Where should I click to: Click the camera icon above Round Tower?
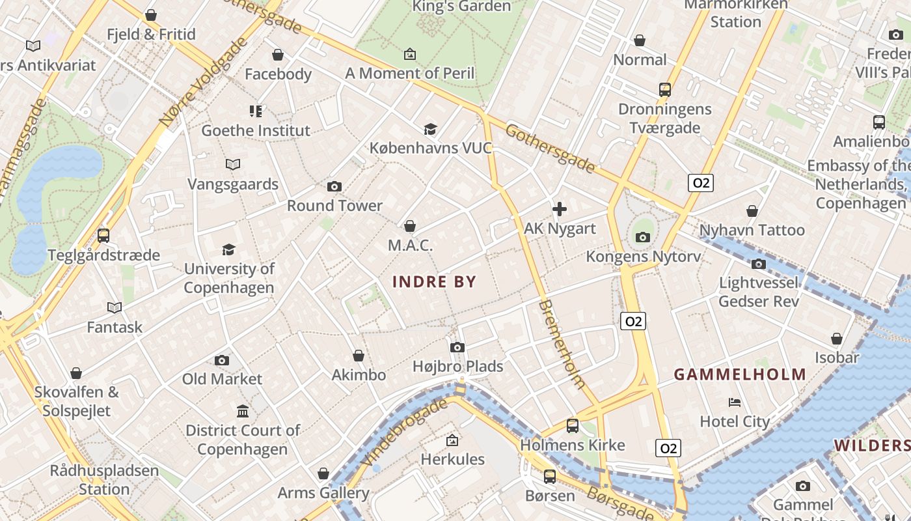(334, 187)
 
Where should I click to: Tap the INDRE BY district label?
(435, 282)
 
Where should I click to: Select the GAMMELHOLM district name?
(740, 374)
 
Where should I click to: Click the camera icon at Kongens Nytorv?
(643, 237)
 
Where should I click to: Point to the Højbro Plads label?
(458, 366)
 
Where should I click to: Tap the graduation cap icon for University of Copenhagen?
(228, 249)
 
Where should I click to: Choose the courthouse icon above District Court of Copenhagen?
(243, 411)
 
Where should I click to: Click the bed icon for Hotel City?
(735, 402)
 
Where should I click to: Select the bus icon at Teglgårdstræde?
(103, 235)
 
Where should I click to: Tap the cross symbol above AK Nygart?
(559, 209)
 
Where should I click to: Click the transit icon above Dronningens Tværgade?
(664, 90)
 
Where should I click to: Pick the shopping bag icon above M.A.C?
(410, 226)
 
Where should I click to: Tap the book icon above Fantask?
(115, 307)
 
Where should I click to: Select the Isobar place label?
(837, 358)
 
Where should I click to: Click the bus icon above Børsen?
(550, 476)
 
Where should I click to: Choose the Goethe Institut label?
(256, 130)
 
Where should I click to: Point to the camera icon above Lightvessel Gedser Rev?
(758, 264)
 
